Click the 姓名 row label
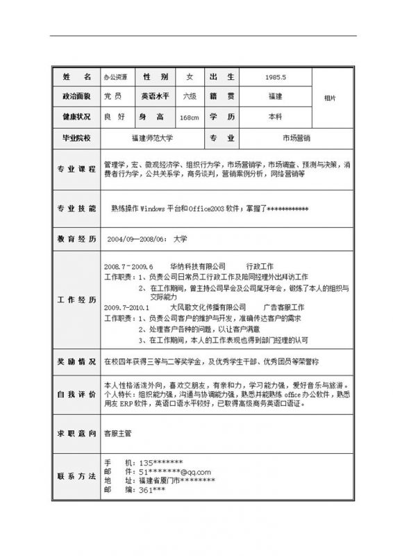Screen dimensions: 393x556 tap(76, 76)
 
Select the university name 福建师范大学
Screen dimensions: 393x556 tap(152, 138)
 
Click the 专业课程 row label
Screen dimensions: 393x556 tap(76, 170)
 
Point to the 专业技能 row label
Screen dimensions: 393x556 tap(76, 208)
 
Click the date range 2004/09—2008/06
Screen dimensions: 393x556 tap(136, 238)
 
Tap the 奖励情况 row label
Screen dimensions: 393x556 tap(76, 362)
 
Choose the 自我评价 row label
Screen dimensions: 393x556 tap(76, 394)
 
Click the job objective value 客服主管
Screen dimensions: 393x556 tap(117, 432)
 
